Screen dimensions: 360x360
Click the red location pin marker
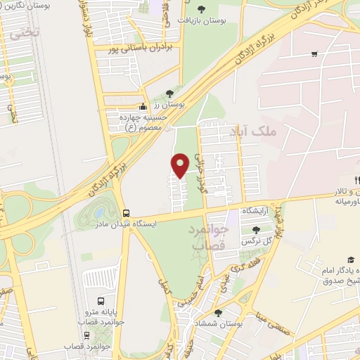coord(181,165)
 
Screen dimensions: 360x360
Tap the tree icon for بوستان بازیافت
coord(202,9)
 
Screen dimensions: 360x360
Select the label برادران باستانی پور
coord(139,49)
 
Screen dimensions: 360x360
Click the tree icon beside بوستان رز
coord(169,94)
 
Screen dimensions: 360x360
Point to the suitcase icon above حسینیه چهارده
coord(143,106)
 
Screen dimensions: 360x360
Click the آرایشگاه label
coord(257,211)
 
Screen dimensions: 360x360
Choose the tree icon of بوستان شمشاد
coord(219,313)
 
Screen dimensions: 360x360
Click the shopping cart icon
coord(314,53)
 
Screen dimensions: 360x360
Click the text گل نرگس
coord(257,240)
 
